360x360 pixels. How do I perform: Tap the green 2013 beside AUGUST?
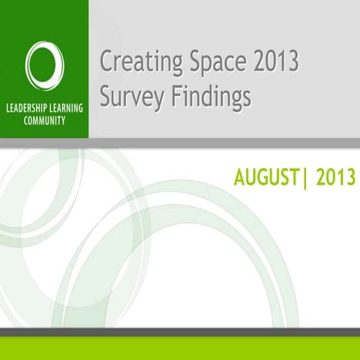tap(335, 178)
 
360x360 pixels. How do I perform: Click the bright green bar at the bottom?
tap(180, 349)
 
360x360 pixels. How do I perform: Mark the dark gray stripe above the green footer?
tap(180, 332)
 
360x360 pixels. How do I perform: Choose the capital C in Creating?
tap(106, 61)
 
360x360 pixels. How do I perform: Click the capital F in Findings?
tap(181, 95)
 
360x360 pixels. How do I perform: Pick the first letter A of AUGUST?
tap(240, 178)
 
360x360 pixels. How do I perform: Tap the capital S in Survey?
tap(106, 95)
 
